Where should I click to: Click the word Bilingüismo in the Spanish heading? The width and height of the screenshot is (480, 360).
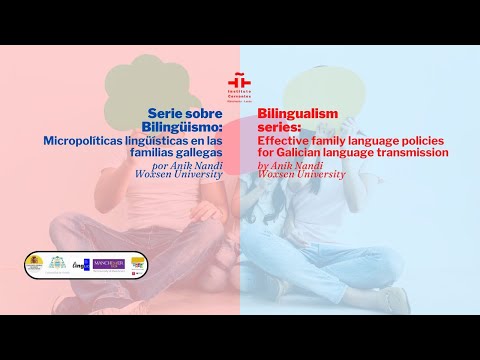pyautogui.click(x=186, y=127)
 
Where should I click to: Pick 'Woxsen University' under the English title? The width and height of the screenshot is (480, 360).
pyautogui.click(x=301, y=174)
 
